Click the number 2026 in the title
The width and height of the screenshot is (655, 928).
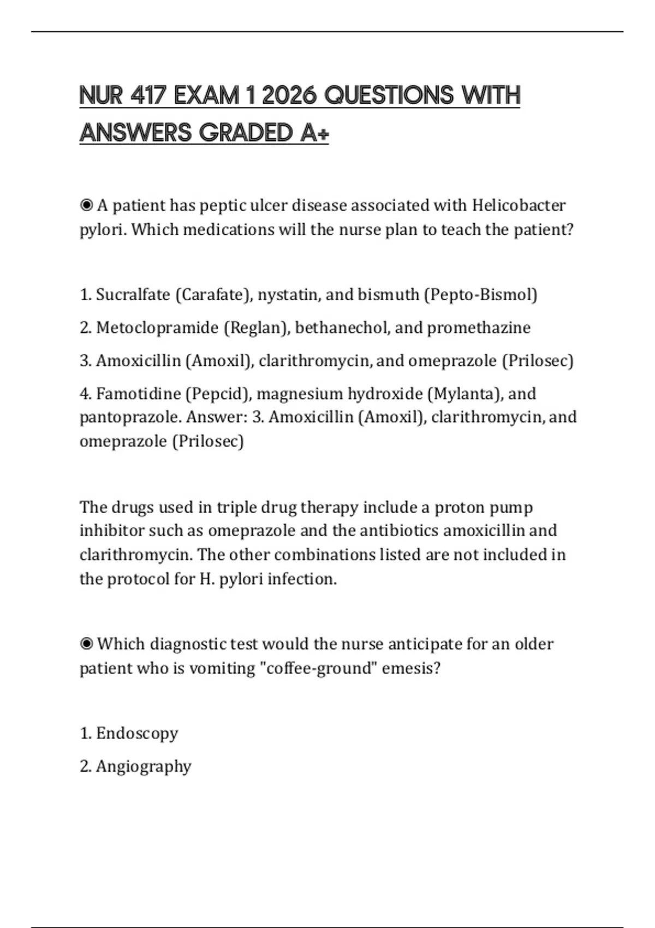tap(289, 96)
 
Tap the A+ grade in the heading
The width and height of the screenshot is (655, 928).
tap(314, 133)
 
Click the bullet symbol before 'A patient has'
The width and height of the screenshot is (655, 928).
tap(86, 205)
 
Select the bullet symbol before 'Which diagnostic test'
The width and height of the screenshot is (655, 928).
tap(86, 644)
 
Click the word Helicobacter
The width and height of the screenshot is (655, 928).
tap(519, 205)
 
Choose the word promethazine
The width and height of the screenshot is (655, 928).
tap(479, 328)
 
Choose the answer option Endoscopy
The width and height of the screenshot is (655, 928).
tap(137, 733)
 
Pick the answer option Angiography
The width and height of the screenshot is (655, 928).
tap(144, 766)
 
